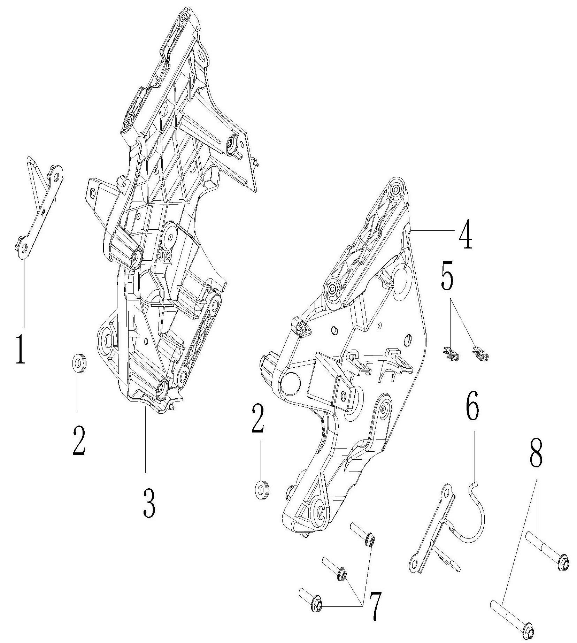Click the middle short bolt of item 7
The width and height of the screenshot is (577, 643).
(334, 569)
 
